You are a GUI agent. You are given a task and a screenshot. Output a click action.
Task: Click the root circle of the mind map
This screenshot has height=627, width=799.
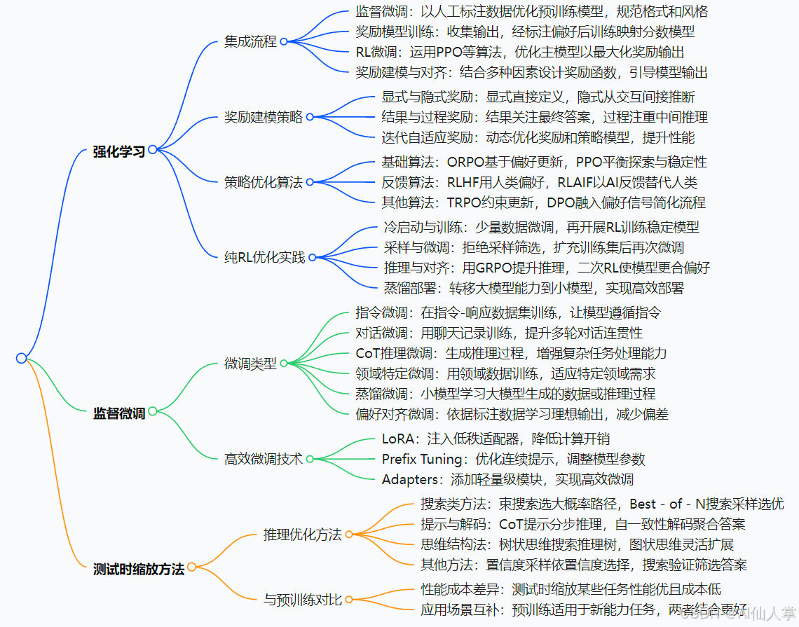(21, 358)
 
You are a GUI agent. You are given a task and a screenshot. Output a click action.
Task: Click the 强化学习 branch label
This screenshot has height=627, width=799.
(118, 151)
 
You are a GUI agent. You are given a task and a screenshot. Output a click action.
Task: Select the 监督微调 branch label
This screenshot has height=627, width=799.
(118, 413)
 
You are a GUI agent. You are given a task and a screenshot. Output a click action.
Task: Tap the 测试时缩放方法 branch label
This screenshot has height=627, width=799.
(138, 569)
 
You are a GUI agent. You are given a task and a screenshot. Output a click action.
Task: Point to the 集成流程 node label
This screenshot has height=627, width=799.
(250, 41)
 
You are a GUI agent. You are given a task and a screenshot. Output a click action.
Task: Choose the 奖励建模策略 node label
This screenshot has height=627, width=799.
(264, 117)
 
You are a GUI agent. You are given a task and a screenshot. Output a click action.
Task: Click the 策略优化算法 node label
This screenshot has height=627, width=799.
(264, 182)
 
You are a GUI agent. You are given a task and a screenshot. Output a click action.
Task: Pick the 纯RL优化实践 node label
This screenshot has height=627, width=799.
(264, 257)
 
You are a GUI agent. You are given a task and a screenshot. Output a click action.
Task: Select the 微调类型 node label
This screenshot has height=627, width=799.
(250, 364)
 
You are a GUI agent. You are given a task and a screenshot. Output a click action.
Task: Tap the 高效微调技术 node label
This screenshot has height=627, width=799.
(264, 459)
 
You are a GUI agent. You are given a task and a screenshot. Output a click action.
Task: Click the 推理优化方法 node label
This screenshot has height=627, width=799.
(302, 535)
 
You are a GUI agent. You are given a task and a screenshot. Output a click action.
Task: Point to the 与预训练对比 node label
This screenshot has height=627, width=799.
(302, 600)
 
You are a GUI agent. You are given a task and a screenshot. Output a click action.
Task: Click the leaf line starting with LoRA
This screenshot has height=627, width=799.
(496, 439)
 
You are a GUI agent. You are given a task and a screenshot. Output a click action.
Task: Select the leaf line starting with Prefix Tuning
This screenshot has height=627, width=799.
(513, 460)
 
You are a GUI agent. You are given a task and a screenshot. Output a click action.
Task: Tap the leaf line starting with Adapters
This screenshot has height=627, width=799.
(507, 480)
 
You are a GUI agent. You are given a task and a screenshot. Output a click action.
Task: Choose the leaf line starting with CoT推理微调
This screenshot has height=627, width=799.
(511, 353)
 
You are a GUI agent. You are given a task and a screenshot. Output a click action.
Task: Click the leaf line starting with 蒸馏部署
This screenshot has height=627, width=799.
(533, 287)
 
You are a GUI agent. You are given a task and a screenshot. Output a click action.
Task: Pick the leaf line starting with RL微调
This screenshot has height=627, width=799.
(519, 52)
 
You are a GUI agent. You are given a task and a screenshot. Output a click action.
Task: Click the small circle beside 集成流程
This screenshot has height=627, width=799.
(284, 41)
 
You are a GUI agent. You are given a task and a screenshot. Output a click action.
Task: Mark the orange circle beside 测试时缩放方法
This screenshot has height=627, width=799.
(191, 567)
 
